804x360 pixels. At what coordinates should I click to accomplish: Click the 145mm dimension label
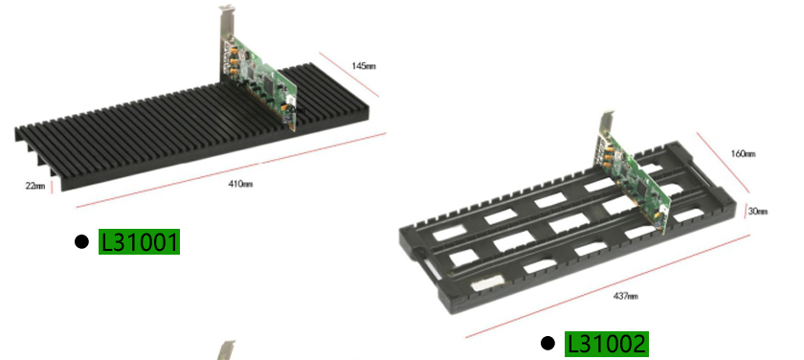(x=364, y=66)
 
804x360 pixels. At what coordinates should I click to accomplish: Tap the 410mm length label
(x=240, y=184)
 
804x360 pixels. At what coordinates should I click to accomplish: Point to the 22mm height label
(x=34, y=186)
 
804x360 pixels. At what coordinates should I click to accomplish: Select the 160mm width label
(x=743, y=154)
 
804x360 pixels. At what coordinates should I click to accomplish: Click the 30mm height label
(x=758, y=212)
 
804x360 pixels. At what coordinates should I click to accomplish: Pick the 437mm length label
(x=626, y=296)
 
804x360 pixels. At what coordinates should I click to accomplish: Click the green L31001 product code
(x=139, y=241)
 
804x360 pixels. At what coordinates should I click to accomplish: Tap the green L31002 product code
(x=607, y=344)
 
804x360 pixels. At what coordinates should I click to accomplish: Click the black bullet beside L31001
(x=81, y=241)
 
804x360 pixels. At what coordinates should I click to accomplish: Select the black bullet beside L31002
(x=547, y=344)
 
